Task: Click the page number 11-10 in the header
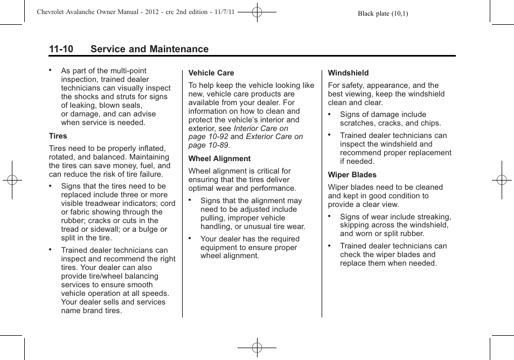pyautogui.click(x=61, y=49)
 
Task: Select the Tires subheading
pyautogui.click(x=58, y=136)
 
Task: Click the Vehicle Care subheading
pyautogui.click(x=211, y=73)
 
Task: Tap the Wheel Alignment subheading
pyautogui.click(x=219, y=158)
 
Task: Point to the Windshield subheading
pyautogui.click(x=348, y=73)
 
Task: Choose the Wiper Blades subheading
pyautogui.click(x=352, y=175)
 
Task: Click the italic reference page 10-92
pyautogui.click(x=204, y=137)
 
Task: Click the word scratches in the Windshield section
pyautogui.click(x=358, y=123)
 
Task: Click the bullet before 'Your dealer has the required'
pyautogui.click(x=190, y=237)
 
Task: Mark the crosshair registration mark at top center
pyautogui.click(x=257, y=11)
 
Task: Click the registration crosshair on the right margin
pyautogui.click(x=502, y=180)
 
